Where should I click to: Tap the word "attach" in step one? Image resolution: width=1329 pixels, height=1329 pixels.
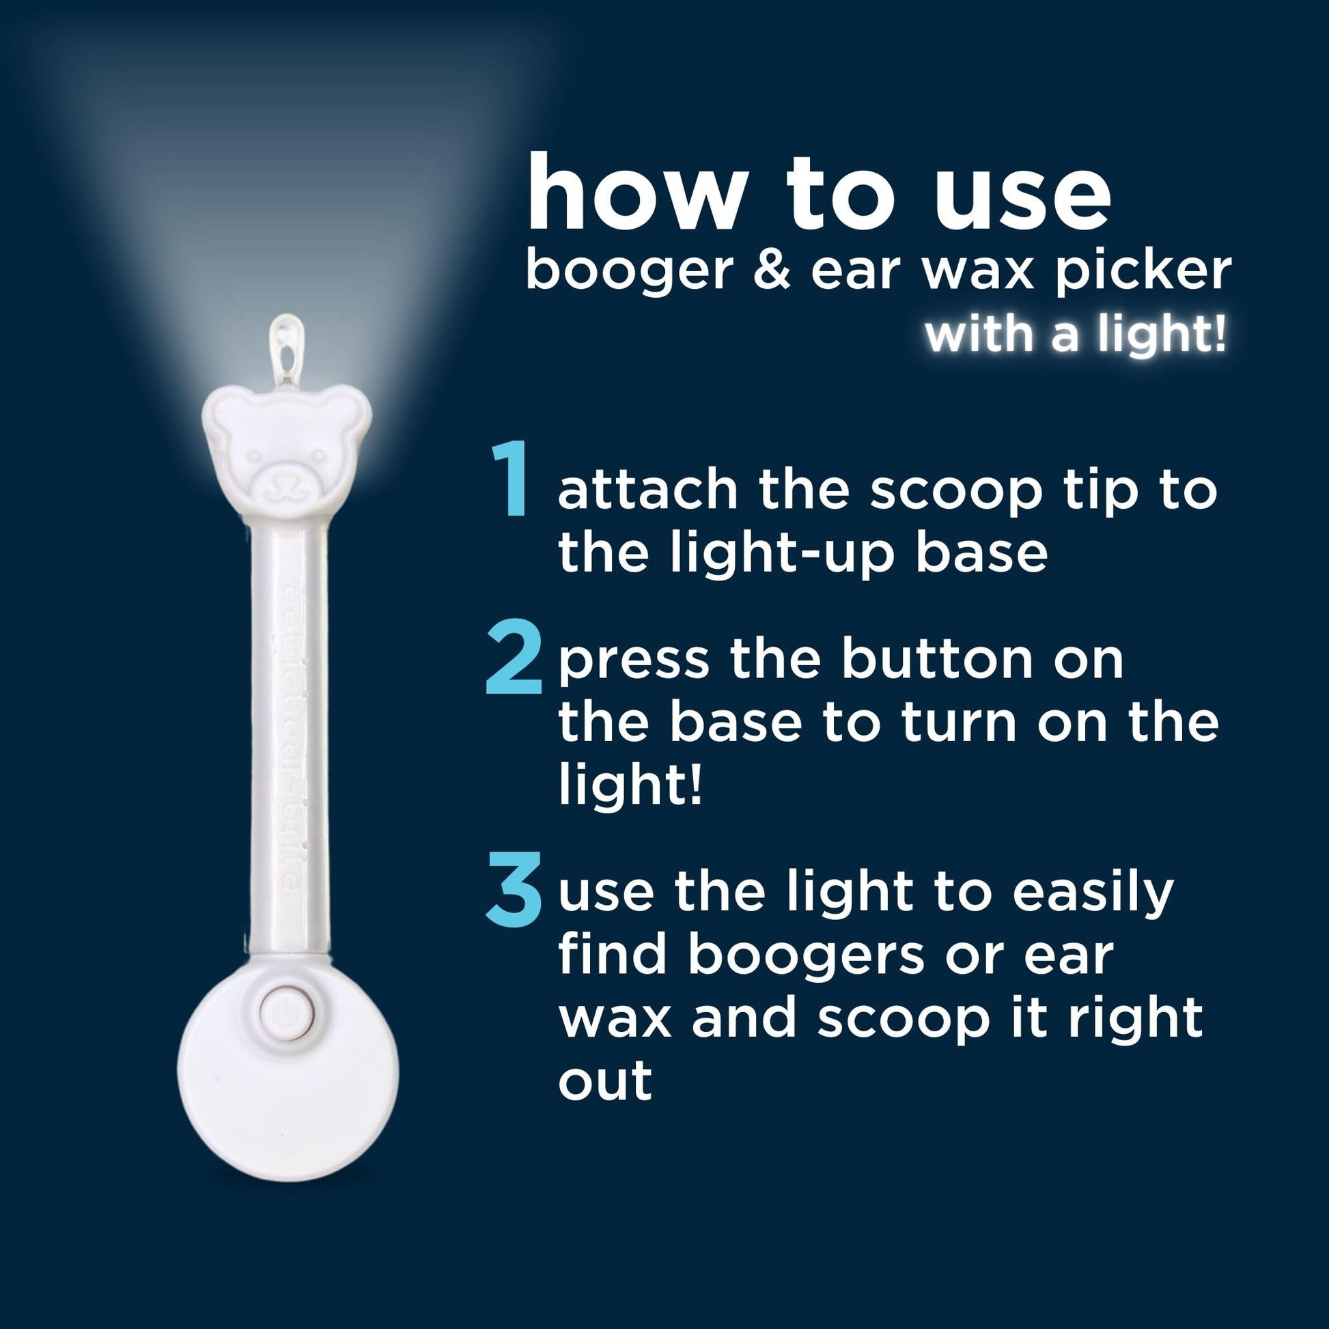(x=647, y=489)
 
